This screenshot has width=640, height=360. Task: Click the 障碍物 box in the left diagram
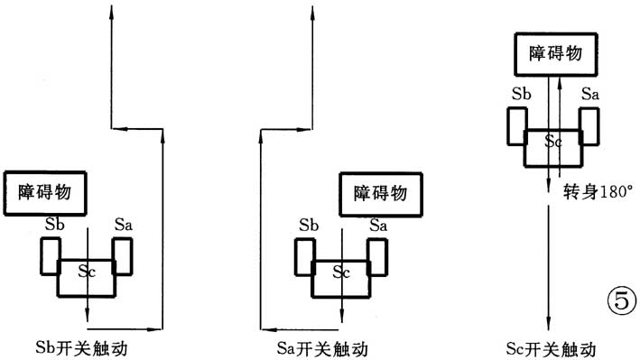tap(51, 193)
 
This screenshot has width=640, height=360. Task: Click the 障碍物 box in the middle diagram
tap(379, 192)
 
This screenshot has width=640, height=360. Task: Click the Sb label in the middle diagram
tap(309, 224)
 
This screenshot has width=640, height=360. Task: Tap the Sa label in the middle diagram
tap(378, 224)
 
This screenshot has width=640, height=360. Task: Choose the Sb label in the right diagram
tap(520, 93)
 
